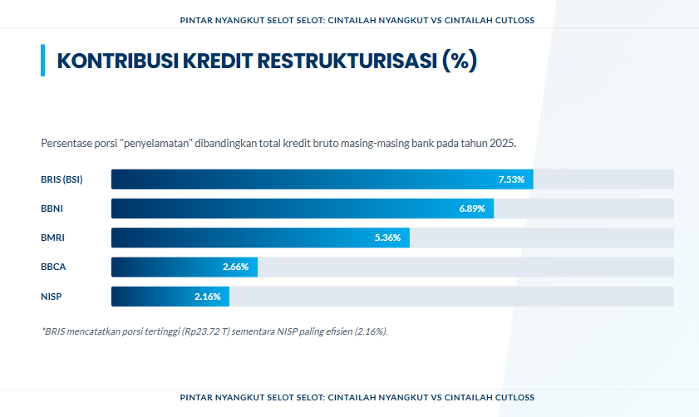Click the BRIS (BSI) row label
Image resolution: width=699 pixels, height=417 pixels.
(x=62, y=179)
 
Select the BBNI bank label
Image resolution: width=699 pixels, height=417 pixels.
(x=52, y=208)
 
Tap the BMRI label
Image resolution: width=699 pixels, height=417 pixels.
(x=52, y=238)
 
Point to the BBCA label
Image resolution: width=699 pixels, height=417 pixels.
(x=52, y=267)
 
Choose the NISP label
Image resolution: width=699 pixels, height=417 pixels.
(x=52, y=297)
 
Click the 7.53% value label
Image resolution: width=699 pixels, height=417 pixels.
(x=511, y=179)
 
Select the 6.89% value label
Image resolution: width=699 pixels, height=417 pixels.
(x=471, y=208)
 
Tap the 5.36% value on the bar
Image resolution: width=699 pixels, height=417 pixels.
(x=387, y=238)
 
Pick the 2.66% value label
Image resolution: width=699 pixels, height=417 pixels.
(x=235, y=267)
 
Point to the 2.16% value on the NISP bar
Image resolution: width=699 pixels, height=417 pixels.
(x=207, y=297)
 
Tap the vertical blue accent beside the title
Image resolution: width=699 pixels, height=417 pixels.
(x=42, y=61)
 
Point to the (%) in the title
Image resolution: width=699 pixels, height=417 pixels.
(x=460, y=61)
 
